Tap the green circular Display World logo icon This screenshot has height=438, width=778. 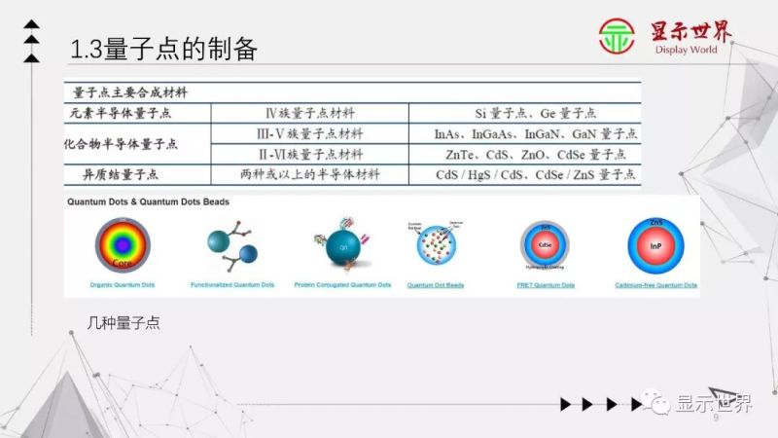point(617,37)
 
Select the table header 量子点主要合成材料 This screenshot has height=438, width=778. point(131,93)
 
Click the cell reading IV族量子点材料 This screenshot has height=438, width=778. point(315,113)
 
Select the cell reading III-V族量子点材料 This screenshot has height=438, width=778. point(315,133)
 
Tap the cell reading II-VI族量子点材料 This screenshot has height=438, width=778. point(315,155)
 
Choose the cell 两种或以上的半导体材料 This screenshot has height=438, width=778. point(315,175)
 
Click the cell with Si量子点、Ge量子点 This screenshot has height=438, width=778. point(535,113)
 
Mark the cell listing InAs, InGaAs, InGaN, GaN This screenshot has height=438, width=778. point(535,133)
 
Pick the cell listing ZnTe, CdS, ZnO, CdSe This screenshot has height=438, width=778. point(535,155)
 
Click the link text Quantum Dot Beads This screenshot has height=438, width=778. point(435,285)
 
